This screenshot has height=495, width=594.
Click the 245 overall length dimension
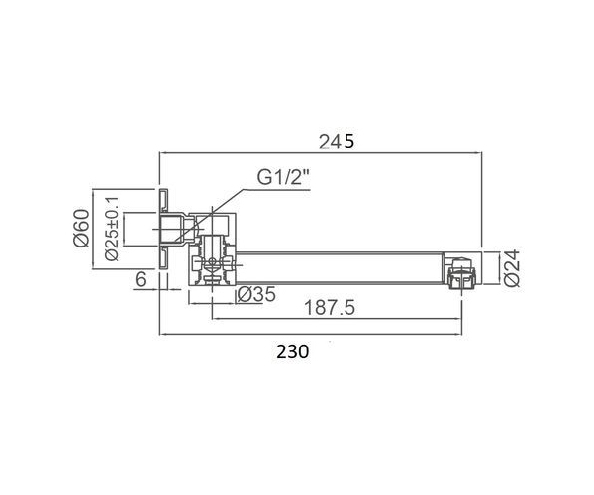[x=336, y=142]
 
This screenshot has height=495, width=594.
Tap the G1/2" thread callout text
[x=284, y=177]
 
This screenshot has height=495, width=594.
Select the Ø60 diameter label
[x=82, y=229]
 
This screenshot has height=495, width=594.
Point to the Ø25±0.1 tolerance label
[x=112, y=229]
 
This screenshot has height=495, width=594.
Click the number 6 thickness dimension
[x=141, y=280]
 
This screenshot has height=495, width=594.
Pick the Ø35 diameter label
[x=256, y=294]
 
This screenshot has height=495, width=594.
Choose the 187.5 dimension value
[x=330, y=307]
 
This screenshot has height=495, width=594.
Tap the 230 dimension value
[x=292, y=351]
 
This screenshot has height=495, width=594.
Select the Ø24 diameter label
[x=512, y=268]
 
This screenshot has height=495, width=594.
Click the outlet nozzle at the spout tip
[x=461, y=274]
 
